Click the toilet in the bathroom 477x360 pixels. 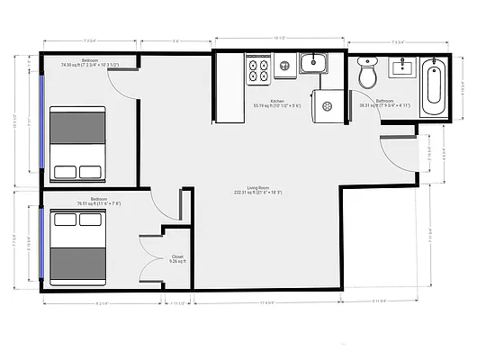coord(367,73)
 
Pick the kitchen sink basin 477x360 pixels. coord(312,63)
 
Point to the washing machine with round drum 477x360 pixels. coord(328,106)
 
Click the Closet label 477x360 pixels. coord(177,258)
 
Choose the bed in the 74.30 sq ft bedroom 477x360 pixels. coord(76,144)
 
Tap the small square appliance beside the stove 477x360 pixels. coord(283,65)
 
